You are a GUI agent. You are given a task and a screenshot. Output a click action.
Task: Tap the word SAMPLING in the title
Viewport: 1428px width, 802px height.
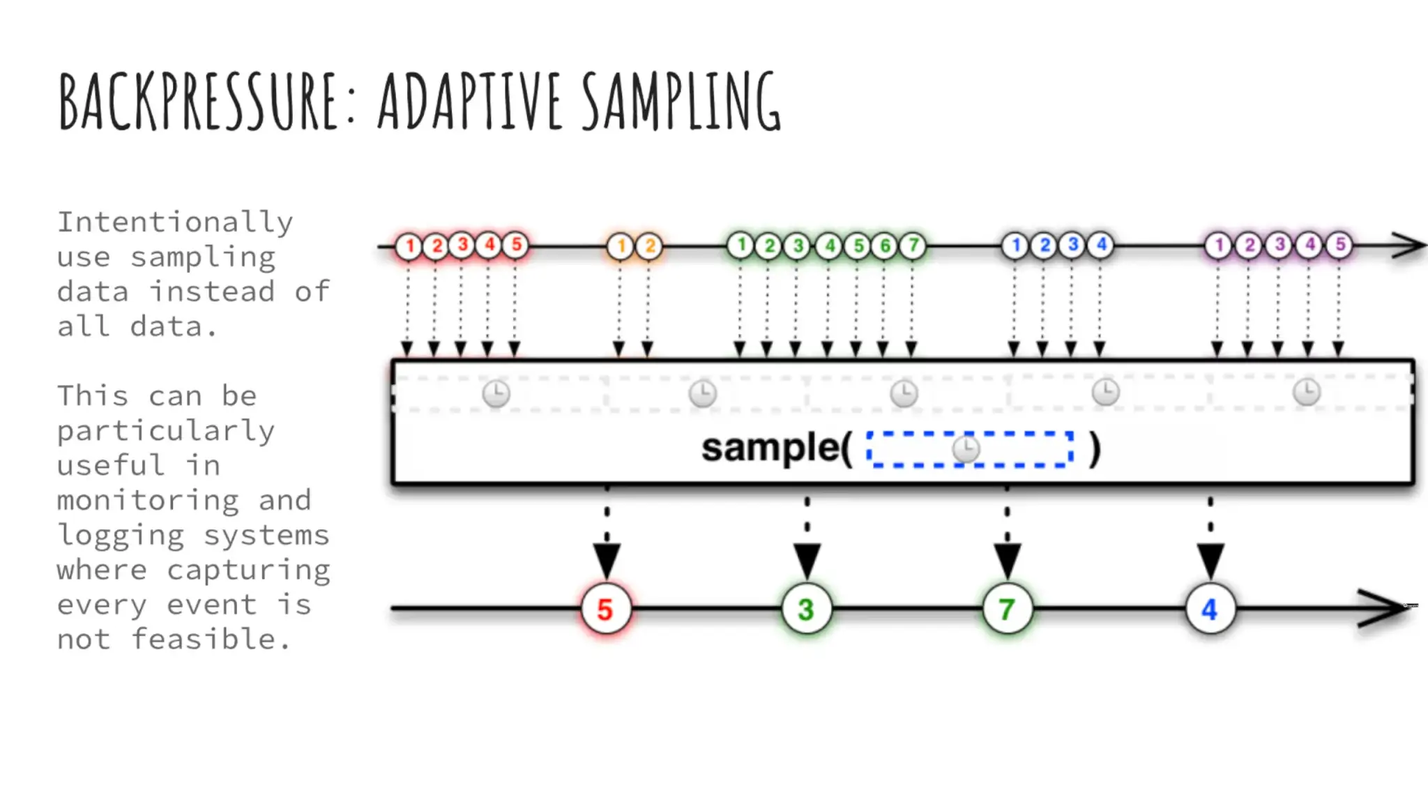pyautogui.click(x=681, y=101)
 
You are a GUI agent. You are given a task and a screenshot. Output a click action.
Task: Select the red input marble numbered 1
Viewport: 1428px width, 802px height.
pyautogui.click(x=409, y=245)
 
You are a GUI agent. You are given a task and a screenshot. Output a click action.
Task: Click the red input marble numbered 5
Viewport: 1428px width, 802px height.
pyautogui.click(x=516, y=245)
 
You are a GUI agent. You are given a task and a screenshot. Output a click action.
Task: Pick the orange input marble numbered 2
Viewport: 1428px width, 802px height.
pyautogui.click(x=649, y=246)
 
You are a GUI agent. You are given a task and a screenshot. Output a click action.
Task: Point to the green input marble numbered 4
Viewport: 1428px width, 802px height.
pyautogui.click(x=829, y=245)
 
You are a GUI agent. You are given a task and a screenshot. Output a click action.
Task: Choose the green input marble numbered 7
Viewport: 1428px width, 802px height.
pyautogui.click(x=913, y=245)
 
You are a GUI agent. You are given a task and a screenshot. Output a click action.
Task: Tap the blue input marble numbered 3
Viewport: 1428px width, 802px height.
pyautogui.click(x=1073, y=245)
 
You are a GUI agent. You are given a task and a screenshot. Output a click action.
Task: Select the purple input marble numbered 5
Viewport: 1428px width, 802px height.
pyautogui.click(x=1339, y=245)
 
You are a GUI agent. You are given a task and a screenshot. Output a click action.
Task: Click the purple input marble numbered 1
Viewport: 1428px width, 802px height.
pyautogui.click(x=1219, y=245)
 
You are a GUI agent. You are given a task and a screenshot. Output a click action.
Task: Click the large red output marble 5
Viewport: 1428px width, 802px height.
pyautogui.click(x=605, y=609)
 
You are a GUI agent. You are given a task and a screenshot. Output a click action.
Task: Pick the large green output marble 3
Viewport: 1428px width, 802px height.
pyautogui.click(x=807, y=609)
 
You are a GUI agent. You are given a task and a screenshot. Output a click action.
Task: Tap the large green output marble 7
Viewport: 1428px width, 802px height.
pyautogui.click(x=1007, y=609)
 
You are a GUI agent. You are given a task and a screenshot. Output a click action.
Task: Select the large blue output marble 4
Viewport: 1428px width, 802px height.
pyautogui.click(x=1210, y=609)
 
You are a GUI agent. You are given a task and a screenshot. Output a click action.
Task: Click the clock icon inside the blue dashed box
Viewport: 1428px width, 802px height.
pyautogui.click(x=966, y=449)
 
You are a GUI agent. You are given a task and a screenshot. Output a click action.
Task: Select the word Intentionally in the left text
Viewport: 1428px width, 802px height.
pyautogui.click(x=175, y=223)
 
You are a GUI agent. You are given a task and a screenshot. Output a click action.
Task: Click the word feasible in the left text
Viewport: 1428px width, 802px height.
pyautogui.click(x=204, y=639)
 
